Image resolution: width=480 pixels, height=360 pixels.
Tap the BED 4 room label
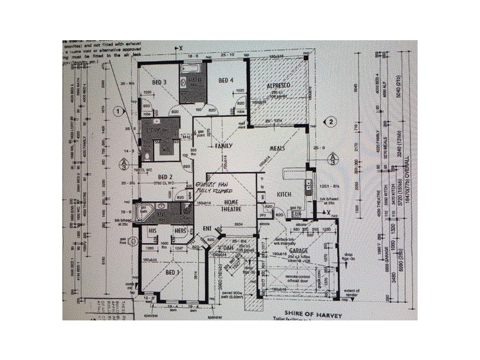225,80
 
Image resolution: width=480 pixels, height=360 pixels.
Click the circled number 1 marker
119,111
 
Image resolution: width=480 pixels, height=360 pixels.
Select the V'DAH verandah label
225,248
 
